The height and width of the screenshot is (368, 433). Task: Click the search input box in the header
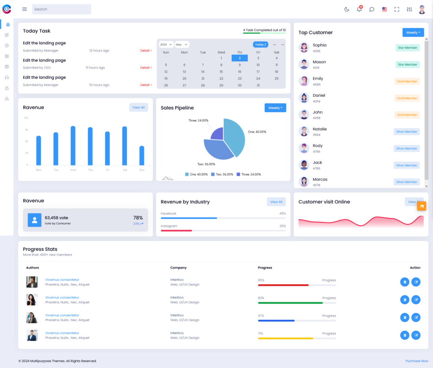coord(61,9)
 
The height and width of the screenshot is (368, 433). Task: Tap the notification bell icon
coord(359,9)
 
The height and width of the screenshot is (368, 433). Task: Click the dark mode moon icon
coord(347,9)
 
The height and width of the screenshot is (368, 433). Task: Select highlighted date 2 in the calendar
coord(239,58)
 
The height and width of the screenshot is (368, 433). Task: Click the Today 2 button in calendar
coord(260,44)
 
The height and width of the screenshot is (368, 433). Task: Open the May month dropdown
coord(182,44)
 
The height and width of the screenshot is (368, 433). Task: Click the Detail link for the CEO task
coord(145,68)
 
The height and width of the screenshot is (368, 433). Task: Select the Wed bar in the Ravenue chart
coord(73,146)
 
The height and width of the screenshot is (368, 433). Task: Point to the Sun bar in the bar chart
coord(142,156)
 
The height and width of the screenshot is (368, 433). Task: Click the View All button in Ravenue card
coord(138,107)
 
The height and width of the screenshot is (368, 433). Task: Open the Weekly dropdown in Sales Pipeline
coord(275,108)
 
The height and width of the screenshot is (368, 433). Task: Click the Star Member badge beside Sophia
coord(408,48)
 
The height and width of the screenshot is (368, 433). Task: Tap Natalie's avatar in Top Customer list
coord(304,132)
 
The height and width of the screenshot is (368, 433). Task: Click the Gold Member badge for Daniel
coord(407,98)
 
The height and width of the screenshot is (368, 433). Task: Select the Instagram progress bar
coord(223,231)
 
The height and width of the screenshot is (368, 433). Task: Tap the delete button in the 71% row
coord(405,335)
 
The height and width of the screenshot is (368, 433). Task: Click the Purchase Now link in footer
coord(417,361)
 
